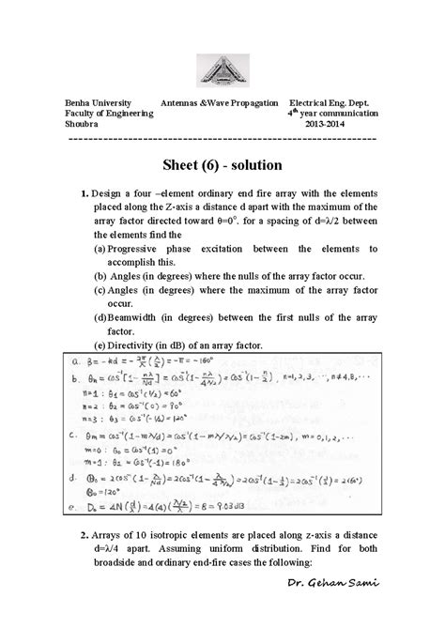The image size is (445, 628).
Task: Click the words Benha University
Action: (97, 100)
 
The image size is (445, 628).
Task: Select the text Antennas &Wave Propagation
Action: (220, 100)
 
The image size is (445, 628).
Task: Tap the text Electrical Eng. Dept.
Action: (333, 100)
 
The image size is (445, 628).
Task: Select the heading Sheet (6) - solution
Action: (222, 165)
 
